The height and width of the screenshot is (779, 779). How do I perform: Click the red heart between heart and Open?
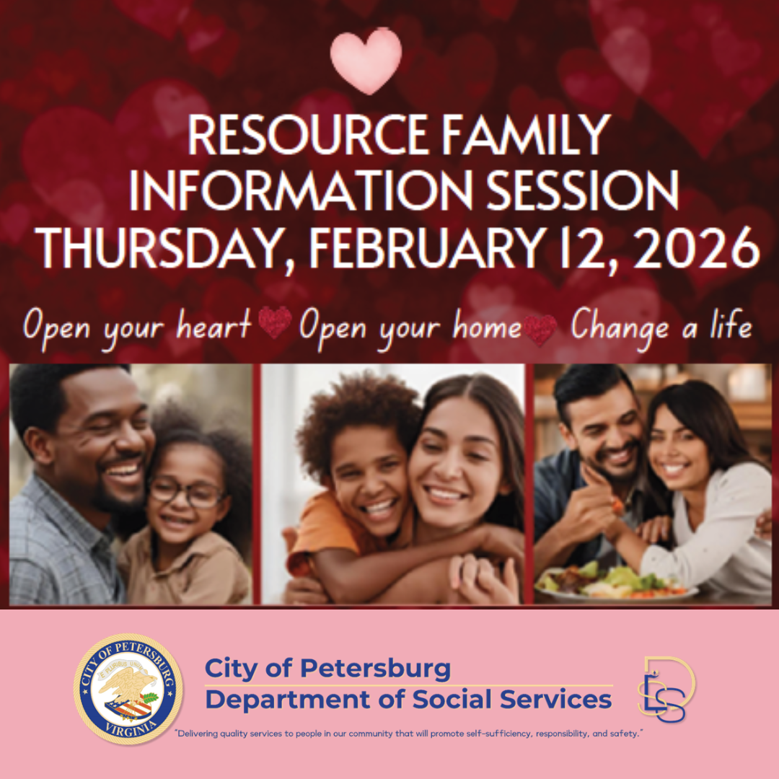pos(275,322)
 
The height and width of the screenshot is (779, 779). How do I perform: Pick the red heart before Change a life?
pos(540,329)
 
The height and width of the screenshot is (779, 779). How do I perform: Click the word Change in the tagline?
pos(620,328)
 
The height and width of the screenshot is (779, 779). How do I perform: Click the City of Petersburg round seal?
pos(128,689)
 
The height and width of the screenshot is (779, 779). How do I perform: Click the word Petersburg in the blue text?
pos(375,668)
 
